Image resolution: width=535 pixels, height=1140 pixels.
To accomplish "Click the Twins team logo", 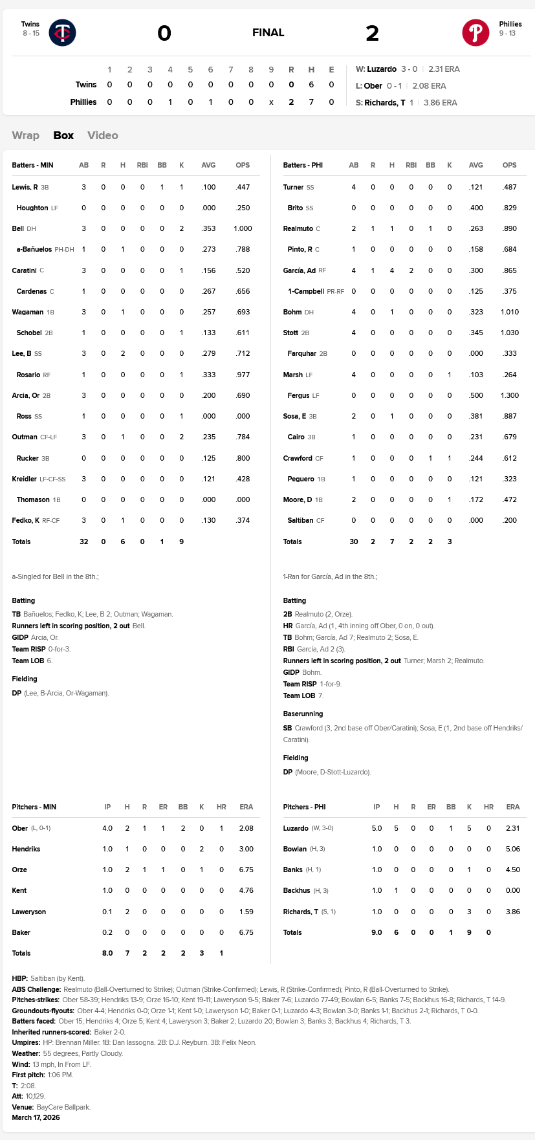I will (x=63, y=32).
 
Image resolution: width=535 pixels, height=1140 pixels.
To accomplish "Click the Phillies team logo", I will (x=475, y=32).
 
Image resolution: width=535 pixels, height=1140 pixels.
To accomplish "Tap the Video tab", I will (x=103, y=135).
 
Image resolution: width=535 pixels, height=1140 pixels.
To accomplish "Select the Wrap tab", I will (x=26, y=135).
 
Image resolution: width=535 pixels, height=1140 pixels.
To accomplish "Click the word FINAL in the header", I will (x=268, y=32).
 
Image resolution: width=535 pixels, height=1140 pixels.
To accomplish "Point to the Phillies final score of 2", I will (x=372, y=33).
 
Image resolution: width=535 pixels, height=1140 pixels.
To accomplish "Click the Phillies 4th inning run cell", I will (x=170, y=102).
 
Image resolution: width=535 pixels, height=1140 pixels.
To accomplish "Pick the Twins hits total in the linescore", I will (x=311, y=85).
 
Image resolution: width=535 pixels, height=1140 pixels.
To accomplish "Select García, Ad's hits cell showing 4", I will (x=392, y=270).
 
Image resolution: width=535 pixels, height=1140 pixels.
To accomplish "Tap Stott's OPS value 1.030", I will (x=509, y=333).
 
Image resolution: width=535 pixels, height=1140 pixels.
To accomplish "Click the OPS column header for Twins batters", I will (x=243, y=165).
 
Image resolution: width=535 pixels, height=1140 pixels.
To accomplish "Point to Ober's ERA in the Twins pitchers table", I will (x=246, y=828).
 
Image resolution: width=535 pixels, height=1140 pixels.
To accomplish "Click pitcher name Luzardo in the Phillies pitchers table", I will (x=296, y=828).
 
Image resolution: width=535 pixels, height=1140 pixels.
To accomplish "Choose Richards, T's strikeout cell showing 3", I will (x=469, y=912).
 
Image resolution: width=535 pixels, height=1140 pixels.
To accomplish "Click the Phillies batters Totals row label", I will (x=292, y=542).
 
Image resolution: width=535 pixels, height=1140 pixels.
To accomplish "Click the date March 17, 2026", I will (x=36, y=1117).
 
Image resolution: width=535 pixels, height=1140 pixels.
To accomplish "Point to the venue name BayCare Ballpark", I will (x=63, y=1107).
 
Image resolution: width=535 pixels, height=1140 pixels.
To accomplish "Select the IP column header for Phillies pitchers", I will (x=377, y=807).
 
